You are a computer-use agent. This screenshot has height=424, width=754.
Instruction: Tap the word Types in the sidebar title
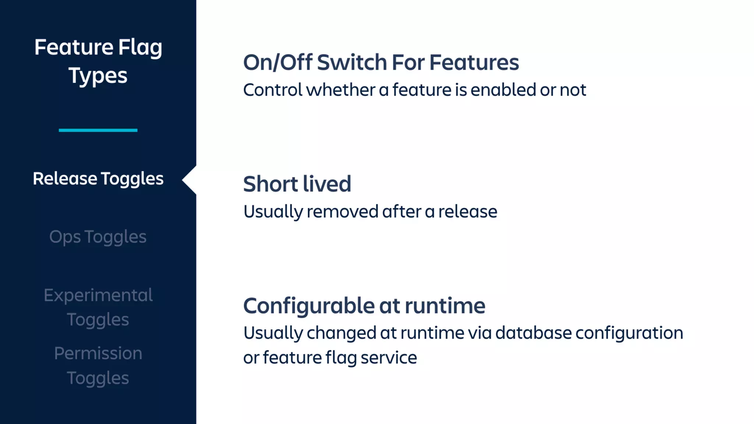tap(98, 76)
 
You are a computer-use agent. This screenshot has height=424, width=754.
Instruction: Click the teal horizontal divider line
tap(98, 130)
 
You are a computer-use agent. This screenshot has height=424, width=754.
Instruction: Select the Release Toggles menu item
tap(98, 179)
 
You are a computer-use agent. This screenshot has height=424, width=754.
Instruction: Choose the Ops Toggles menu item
tap(98, 237)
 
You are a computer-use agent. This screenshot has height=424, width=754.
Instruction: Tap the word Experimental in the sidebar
tap(98, 295)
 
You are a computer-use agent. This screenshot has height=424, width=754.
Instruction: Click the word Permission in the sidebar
tap(98, 353)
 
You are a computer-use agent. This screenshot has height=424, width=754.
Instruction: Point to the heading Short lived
tap(297, 184)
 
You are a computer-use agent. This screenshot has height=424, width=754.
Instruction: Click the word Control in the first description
tap(272, 90)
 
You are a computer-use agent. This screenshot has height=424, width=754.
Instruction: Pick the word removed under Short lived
tap(342, 212)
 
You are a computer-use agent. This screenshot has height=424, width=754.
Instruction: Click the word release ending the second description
tap(468, 212)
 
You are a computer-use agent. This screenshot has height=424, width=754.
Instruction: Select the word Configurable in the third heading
tap(309, 306)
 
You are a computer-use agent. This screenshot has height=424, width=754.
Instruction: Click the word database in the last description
tap(533, 333)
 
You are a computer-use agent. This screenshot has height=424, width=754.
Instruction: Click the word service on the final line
tap(388, 358)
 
